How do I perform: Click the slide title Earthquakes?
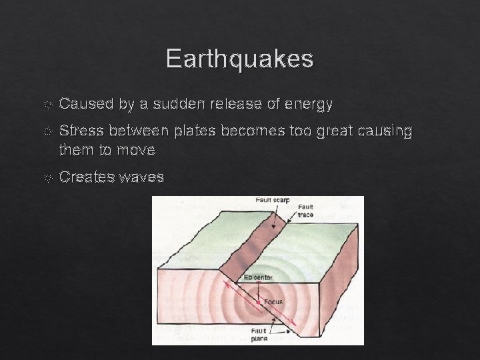point(239,59)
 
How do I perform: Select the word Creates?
point(87,177)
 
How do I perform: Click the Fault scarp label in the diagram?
point(273,200)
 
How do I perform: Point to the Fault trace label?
point(306,211)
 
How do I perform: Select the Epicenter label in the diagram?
point(257,277)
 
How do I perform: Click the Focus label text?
point(273,301)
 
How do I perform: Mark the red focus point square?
point(258,302)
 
